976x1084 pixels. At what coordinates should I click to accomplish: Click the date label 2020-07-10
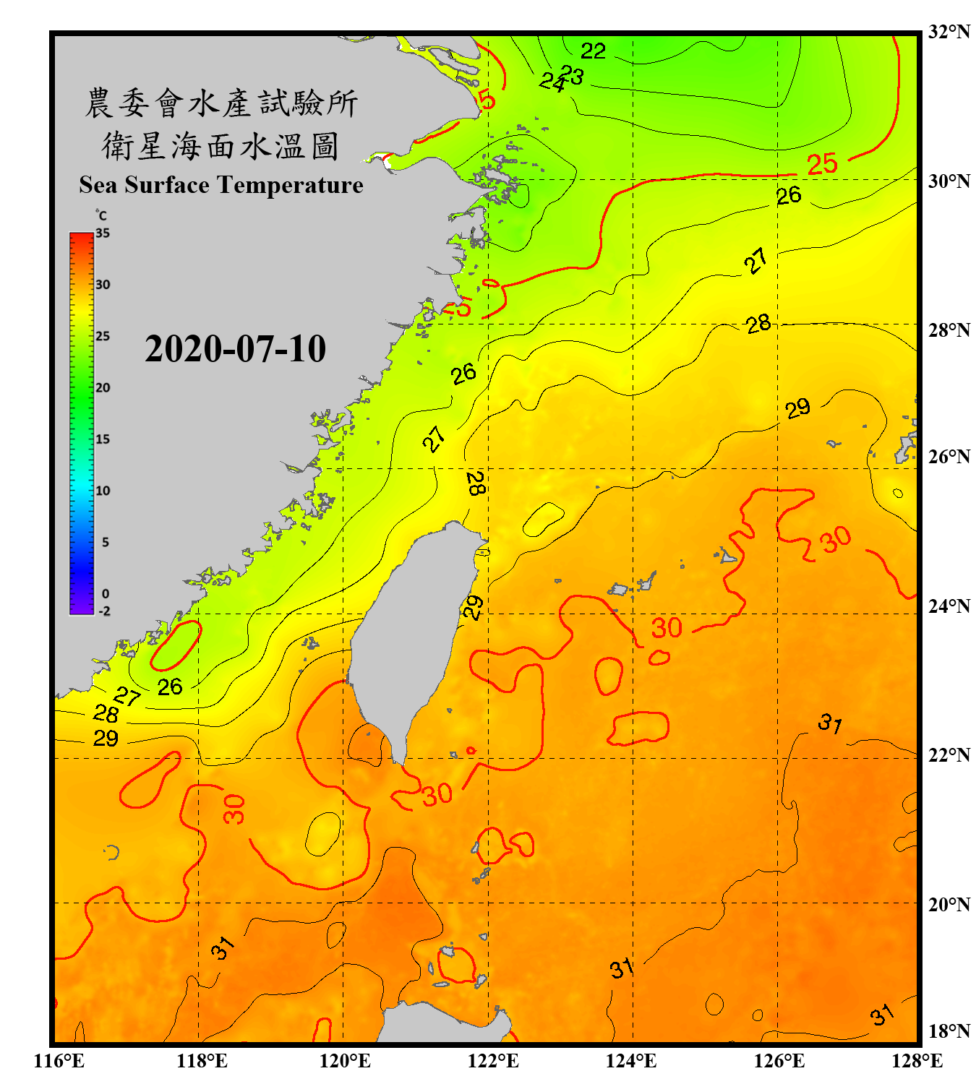(235, 349)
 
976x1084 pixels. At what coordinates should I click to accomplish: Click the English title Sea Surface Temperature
(221, 185)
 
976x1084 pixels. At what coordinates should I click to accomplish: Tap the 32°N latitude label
(949, 32)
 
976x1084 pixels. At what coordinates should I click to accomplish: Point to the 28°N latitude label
(949, 330)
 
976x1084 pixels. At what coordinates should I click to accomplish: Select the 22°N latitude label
(949, 755)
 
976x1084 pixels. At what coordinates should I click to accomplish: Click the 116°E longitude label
(59, 1061)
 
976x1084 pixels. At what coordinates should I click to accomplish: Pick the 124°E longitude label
(631, 1061)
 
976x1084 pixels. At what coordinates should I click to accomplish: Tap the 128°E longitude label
(917, 1061)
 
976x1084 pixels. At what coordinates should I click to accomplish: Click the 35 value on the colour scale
(103, 233)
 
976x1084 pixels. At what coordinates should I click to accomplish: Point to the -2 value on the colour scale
(104, 611)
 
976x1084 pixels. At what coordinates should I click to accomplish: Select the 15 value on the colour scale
(103, 439)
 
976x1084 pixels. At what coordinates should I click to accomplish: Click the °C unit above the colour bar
(101, 215)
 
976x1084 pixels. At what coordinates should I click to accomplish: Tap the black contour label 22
(593, 51)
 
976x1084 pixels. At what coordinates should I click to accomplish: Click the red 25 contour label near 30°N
(822, 165)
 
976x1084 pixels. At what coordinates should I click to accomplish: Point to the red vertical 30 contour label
(234, 809)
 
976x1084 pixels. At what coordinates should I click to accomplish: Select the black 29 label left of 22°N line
(106, 739)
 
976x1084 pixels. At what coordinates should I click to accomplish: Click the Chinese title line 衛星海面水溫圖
(221, 147)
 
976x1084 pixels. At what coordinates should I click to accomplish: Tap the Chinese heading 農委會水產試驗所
(221, 103)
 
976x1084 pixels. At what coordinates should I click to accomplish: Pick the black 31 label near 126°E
(830, 723)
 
